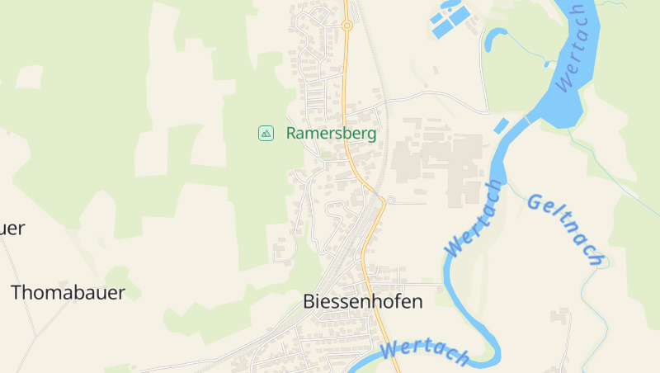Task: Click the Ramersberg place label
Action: (x=331, y=133)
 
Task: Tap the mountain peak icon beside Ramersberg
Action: (x=266, y=133)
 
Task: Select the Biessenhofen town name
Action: (x=363, y=301)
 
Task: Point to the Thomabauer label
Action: (x=68, y=292)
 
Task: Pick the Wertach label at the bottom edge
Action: (x=425, y=352)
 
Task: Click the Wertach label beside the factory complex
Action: (x=474, y=217)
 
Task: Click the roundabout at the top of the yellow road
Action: (x=347, y=26)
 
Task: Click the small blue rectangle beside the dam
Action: (x=501, y=125)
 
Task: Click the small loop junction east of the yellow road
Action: (x=391, y=200)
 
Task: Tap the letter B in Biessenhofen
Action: (x=309, y=301)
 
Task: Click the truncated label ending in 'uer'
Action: (x=12, y=229)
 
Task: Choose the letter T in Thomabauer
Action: (x=16, y=292)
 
